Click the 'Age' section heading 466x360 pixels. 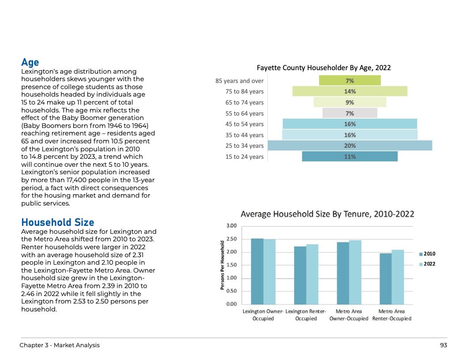click(30, 62)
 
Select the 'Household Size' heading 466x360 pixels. click(57, 222)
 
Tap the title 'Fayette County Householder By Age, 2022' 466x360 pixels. click(323, 67)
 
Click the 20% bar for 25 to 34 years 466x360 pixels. click(350, 146)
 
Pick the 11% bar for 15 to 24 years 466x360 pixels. click(350, 157)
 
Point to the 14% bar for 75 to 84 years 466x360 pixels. click(350, 91)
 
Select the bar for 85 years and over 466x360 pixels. click(350, 81)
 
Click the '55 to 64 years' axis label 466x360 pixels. click(244, 113)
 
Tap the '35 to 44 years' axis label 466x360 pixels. click(244, 135)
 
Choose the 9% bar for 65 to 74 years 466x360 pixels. click(350, 102)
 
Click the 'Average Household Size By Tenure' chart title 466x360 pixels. click(327, 214)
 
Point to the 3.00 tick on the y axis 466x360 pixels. click(231, 226)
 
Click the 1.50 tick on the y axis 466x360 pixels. click(231, 265)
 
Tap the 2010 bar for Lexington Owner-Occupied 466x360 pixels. click(257, 271)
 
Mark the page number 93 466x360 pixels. click(443, 345)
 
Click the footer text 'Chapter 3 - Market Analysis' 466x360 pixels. click(60, 345)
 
